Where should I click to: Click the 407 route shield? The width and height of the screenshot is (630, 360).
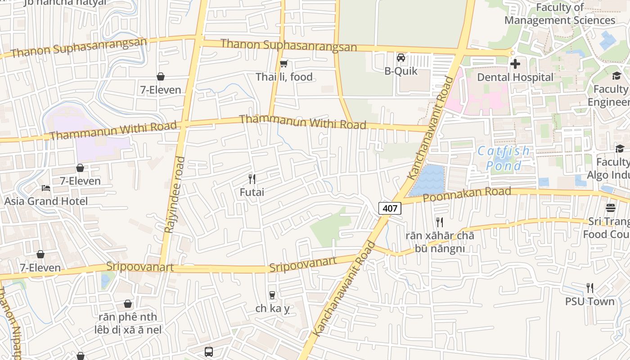390,208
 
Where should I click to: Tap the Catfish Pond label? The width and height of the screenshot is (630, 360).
504,158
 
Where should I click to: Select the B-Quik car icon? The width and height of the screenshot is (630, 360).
400,58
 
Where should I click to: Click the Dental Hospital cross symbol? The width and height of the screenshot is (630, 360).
515,64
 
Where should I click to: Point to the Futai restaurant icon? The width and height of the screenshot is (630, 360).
252,179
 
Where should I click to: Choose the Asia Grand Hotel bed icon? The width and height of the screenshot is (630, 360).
46,188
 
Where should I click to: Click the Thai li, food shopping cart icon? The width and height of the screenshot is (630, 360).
283,63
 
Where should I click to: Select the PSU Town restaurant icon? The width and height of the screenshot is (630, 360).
589,288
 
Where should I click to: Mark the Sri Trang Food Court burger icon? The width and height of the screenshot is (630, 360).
610,208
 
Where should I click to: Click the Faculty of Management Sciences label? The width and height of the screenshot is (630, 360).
560,14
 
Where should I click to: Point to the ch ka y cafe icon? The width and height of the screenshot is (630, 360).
272,295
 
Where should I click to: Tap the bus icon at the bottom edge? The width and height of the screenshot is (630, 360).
209,352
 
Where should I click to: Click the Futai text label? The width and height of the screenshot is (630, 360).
252,192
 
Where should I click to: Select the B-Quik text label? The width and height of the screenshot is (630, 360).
400,71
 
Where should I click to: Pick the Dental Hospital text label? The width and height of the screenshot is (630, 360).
515,77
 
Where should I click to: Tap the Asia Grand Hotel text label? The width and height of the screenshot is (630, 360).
46,201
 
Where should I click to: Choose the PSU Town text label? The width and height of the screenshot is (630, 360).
589,301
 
